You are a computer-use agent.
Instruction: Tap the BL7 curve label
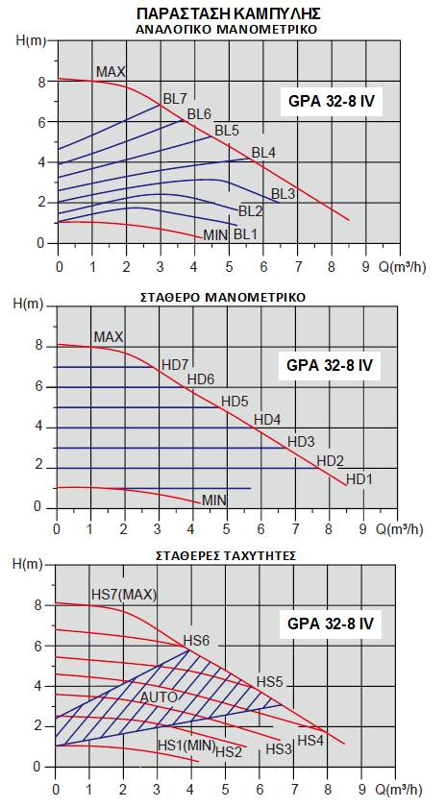[175, 98]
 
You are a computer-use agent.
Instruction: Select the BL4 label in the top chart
[263, 153]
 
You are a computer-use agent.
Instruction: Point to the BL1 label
[245, 234]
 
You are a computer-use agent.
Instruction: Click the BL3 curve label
[283, 194]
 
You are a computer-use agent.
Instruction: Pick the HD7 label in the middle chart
[175, 365]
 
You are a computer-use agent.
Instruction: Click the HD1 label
[359, 479]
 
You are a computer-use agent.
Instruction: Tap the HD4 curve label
[267, 420]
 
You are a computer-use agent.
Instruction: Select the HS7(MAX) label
[124, 595]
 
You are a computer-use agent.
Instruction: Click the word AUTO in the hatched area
[159, 697]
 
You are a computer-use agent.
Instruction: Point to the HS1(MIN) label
[186, 745]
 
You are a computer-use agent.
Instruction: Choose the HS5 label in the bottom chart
[270, 682]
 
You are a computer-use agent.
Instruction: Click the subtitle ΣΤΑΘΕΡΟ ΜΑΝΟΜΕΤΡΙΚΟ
[223, 297]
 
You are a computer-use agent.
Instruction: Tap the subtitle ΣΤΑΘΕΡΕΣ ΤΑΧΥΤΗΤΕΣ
[226, 556]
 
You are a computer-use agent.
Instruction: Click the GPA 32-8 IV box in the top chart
[332, 101]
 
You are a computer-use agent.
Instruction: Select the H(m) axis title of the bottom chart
[28, 564]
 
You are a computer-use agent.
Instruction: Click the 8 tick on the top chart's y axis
[40, 82]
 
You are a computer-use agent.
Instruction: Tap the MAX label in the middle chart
[109, 337]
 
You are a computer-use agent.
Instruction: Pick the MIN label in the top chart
[215, 235]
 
